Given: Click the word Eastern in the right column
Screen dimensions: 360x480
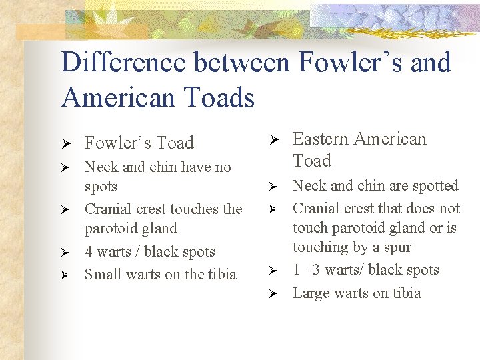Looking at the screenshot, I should (321, 139).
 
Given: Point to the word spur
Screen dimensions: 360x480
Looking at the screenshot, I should (397, 247).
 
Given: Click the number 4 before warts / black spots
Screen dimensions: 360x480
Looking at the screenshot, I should (89, 252).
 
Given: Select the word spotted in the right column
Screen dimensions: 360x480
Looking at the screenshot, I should (434, 186).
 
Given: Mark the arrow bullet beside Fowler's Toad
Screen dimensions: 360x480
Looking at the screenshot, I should (66, 143).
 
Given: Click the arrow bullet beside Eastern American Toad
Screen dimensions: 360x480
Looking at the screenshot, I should (272, 139).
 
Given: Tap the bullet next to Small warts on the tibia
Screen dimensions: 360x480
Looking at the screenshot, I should (66, 275).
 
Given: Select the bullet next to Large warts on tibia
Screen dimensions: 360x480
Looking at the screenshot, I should (272, 293).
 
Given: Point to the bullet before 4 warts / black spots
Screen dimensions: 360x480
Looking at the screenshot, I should (66, 253).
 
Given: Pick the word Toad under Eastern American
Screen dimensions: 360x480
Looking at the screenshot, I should (312, 161).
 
